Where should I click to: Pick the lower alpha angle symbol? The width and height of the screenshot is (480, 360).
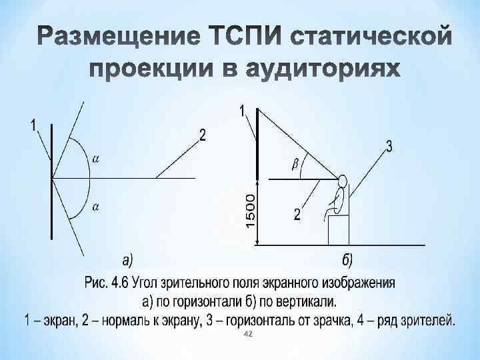point(95,207)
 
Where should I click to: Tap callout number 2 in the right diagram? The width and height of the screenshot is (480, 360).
point(297,215)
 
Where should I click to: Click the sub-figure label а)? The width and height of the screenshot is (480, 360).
point(126,260)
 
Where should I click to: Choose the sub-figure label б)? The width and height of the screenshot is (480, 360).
point(347,260)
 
